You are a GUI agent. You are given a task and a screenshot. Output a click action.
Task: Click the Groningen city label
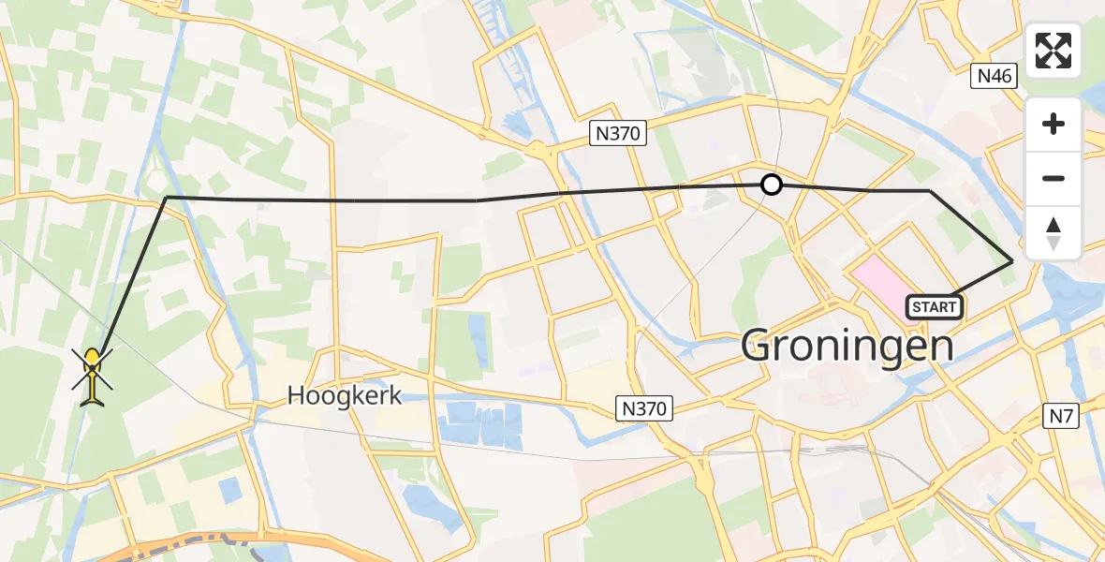coord(847,345)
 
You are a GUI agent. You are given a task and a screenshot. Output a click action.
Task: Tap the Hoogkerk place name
coord(345,395)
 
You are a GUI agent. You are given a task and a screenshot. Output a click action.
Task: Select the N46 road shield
coord(994,76)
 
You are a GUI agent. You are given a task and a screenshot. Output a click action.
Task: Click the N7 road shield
coord(1062,415)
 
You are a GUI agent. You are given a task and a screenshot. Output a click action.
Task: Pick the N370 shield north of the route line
coord(618,134)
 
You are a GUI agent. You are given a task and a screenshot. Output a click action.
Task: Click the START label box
coord(934,306)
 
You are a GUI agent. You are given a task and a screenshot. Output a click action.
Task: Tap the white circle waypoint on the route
coord(771,185)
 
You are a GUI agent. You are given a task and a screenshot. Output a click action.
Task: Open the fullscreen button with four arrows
coord(1053,51)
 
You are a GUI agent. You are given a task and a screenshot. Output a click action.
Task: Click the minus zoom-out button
coord(1053,178)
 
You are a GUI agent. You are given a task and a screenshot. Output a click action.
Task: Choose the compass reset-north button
coord(1053,231)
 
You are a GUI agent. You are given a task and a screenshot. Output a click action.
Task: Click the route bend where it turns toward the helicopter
coord(167,198)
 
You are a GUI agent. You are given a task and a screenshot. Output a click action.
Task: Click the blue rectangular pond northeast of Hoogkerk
coord(478,328)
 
